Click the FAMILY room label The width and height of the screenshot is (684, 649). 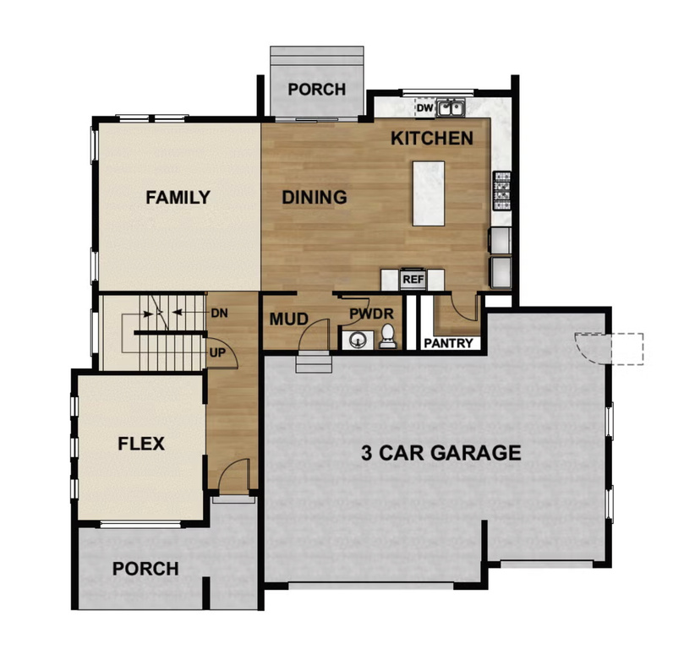(x=178, y=198)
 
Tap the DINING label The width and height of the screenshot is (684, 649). (x=315, y=198)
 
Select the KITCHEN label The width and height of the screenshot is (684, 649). (x=431, y=139)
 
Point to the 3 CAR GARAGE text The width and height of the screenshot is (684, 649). (x=437, y=453)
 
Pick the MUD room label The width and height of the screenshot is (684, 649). (x=287, y=320)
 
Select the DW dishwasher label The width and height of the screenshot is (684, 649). (x=424, y=108)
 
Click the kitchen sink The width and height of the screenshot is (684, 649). (x=451, y=108)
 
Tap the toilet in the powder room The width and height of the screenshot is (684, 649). (x=388, y=336)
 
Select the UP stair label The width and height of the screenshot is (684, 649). (x=216, y=352)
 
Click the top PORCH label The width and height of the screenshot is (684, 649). (x=317, y=90)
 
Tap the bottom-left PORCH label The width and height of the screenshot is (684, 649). (x=145, y=569)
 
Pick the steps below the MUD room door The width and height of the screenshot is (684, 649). (x=309, y=363)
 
